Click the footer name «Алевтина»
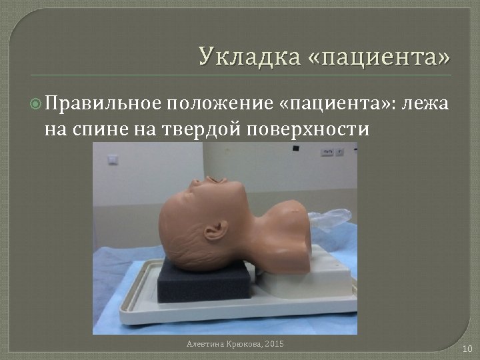click(205, 343)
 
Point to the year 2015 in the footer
click(273, 343)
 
